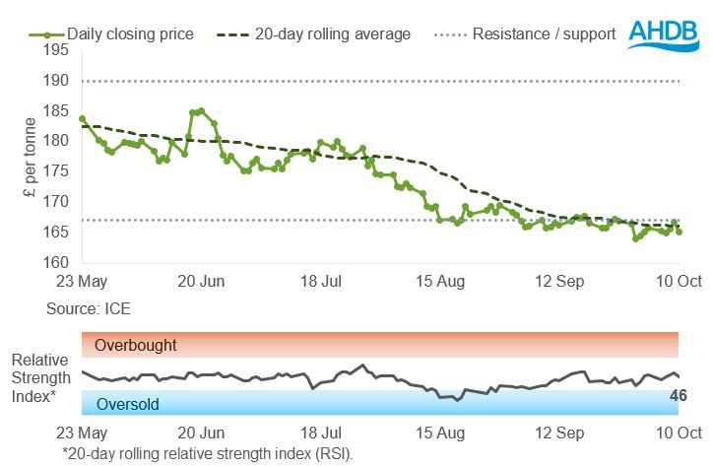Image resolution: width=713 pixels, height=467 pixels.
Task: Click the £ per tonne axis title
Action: (30, 165)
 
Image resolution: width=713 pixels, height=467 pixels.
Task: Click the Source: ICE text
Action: (88, 308)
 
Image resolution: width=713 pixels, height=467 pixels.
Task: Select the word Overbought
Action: (136, 346)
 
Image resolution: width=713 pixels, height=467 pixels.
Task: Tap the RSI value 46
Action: (677, 396)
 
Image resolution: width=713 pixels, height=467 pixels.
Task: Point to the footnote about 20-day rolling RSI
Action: (206, 453)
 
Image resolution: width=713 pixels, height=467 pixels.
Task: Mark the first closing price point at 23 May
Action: (82, 118)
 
